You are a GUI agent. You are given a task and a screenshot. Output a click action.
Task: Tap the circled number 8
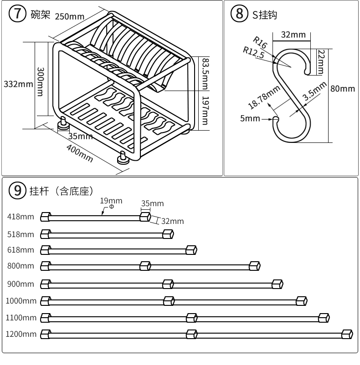point(239,14)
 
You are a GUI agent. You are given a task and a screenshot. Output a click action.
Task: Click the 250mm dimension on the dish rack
point(69,17)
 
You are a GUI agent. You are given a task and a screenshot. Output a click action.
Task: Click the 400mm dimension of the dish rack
point(80,153)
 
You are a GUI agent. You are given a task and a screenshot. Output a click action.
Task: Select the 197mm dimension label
point(205,110)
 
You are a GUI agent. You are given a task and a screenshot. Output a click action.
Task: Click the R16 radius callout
point(260,44)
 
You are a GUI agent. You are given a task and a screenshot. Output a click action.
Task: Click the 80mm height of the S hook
point(343,88)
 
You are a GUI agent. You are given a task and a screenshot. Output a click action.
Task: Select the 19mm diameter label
point(111,201)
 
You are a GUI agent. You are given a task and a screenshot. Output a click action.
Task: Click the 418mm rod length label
point(21,217)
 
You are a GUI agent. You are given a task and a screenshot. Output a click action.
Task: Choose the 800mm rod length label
point(21,266)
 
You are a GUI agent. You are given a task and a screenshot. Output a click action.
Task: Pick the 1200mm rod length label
point(21,334)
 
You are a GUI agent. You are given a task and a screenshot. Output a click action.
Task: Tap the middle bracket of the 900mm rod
point(168,284)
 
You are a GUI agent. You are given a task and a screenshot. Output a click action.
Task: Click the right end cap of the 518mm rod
point(168,234)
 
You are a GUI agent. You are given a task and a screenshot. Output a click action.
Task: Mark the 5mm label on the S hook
point(250,119)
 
